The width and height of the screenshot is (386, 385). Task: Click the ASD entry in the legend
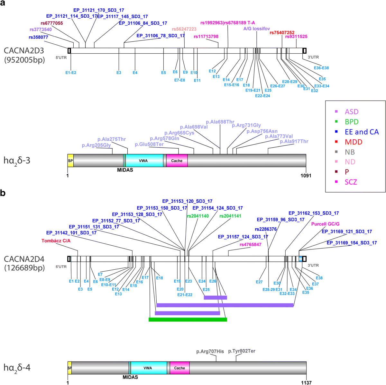(x=351, y=112)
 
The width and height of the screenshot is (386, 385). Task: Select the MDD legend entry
(x=353, y=142)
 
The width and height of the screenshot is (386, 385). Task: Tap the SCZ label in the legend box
(x=351, y=182)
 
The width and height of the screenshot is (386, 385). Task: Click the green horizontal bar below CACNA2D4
(x=188, y=319)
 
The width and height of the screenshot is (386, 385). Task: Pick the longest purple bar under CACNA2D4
(x=225, y=305)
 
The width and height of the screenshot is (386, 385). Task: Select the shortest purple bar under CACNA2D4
(x=215, y=298)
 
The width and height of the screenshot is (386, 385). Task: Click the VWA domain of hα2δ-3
(x=143, y=161)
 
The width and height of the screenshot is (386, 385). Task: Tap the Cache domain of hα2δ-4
(x=179, y=368)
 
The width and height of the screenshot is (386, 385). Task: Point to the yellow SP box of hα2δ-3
(x=70, y=161)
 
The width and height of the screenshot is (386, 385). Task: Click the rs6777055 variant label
(x=52, y=23)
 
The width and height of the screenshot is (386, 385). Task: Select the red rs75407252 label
(x=282, y=33)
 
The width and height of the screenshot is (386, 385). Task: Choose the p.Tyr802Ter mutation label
(x=242, y=351)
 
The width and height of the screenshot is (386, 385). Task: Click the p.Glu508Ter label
(x=149, y=144)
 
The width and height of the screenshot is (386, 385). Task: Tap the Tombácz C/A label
(x=56, y=241)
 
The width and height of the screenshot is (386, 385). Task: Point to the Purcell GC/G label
(x=325, y=224)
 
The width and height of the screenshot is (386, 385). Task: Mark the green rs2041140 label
(x=198, y=216)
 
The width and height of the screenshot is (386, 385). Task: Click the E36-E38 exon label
(x=321, y=68)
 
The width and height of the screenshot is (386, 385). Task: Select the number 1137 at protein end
(x=306, y=383)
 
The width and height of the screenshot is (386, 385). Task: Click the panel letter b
(x=3, y=193)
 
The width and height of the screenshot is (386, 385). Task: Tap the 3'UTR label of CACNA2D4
(x=313, y=266)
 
